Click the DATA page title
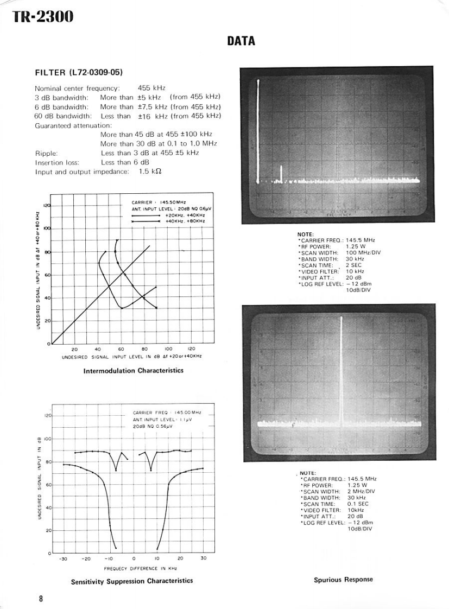(237, 41)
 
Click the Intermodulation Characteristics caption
(133, 371)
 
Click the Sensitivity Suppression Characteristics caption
(132, 581)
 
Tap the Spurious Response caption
(343, 580)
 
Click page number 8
(41, 599)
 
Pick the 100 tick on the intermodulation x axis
(168, 350)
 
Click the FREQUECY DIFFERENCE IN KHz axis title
(133, 568)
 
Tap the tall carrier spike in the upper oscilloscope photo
(258, 130)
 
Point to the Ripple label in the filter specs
(46, 153)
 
